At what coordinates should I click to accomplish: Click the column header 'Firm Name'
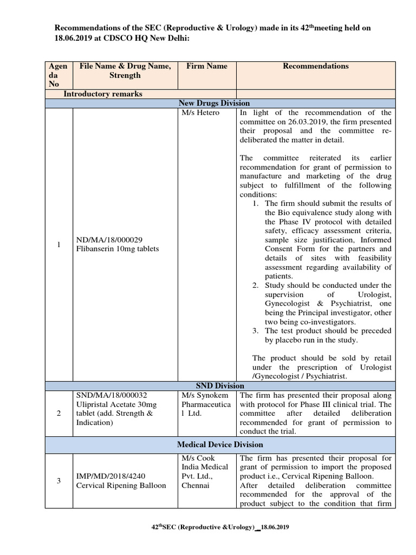207,66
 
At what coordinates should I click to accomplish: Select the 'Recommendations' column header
316,66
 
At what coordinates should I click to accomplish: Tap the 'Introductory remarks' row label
103,94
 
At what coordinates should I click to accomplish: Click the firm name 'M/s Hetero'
199,113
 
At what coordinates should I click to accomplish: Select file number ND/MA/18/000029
110,240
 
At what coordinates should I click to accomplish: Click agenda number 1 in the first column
58,244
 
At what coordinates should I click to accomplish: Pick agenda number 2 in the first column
58,414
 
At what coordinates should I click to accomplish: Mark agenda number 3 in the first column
58,481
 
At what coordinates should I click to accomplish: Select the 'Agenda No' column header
58,75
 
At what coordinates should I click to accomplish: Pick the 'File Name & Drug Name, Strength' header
125,70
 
